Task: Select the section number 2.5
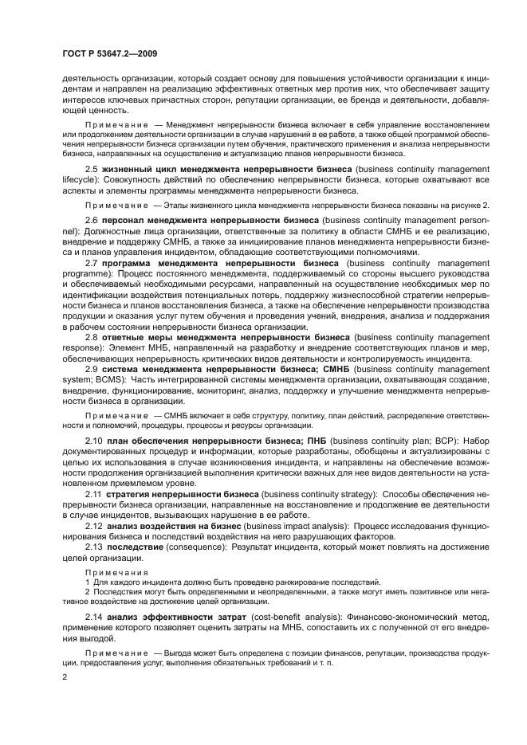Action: pos(92,170)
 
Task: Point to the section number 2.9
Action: pos(92,370)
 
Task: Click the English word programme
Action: pos(86,273)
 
